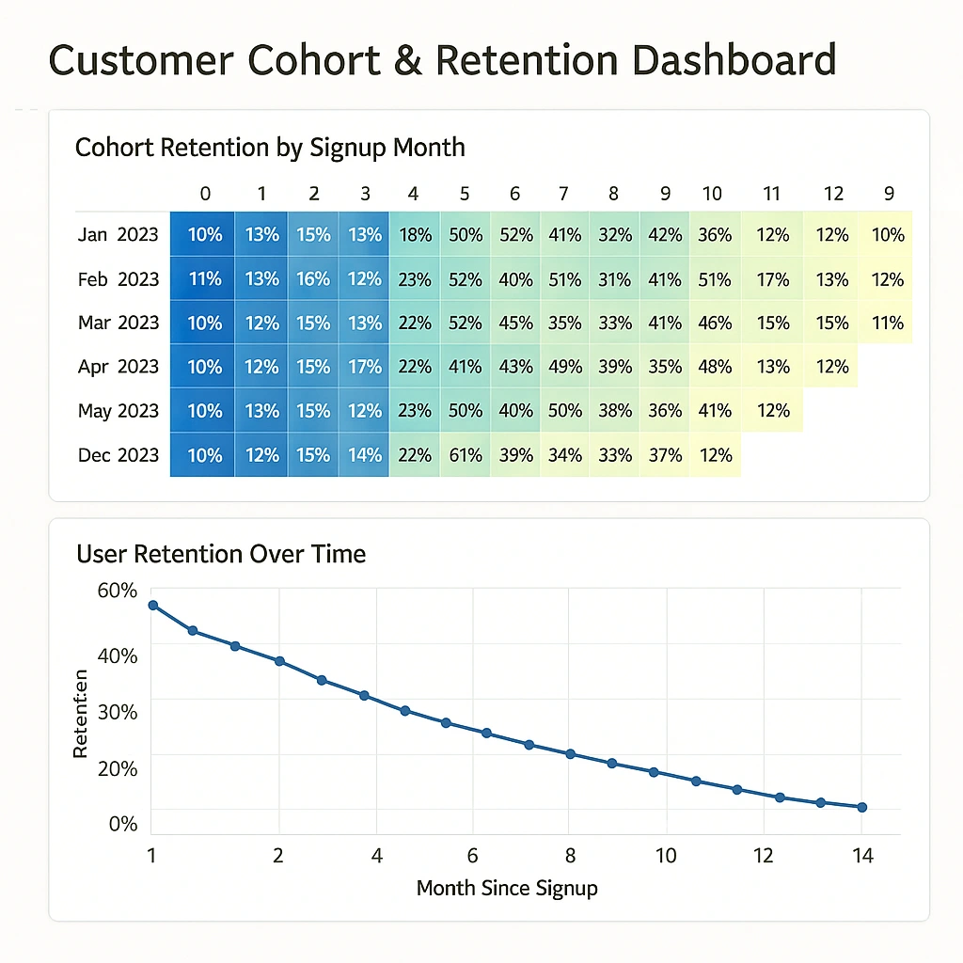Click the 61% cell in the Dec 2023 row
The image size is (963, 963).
pyautogui.click(x=465, y=455)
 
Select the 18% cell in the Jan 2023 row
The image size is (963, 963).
pyautogui.click(x=414, y=235)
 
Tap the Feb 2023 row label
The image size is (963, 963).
pyautogui.click(x=118, y=279)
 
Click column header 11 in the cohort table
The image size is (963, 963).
pyautogui.click(x=772, y=195)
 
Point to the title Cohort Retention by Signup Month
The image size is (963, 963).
pyautogui.click(x=270, y=148)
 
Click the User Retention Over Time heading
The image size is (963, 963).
pyautogui.click(x=221, y=554)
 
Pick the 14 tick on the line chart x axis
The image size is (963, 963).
pyautogui.click(x=862, y=856)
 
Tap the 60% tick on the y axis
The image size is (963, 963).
pyautogui.click(x=118, y=591)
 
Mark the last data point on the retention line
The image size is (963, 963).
pyautogui.click(x=862, y=807)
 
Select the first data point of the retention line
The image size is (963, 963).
pyautogui.click(x=152, y=606)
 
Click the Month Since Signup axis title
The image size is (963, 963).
pyautogui.click(x=507, y=888)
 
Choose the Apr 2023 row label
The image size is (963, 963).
pyautogui.click(x=118, y=367)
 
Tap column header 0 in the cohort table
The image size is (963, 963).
pyautogui.click(x=205, y=195)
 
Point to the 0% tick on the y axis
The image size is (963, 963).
pyautogui.click(x=123, y=825)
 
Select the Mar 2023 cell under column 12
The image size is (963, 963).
pyautogui.click(x=833, y=324)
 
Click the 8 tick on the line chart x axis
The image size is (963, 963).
pyautogui.click(x=569, y=856)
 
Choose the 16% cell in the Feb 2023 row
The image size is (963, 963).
pyautogui.click(x=313, y=279)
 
